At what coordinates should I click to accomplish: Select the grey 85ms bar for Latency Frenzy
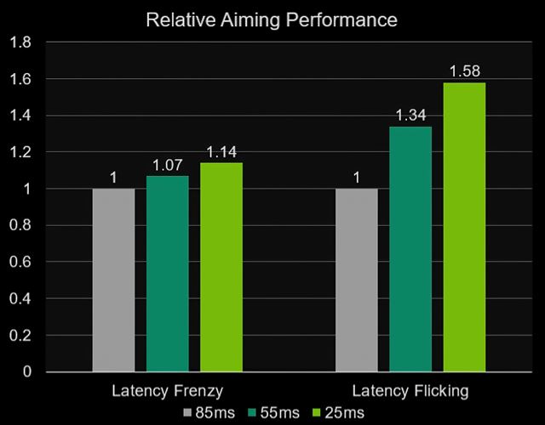pos(113,280)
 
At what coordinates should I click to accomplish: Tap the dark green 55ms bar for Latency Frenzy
pos(168,274)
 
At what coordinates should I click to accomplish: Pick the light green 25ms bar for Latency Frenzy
pos(221,267)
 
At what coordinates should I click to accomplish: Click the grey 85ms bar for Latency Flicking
pos(356,280)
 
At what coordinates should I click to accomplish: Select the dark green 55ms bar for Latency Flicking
pos(410,249)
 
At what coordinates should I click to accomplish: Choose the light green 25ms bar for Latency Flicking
pos(464,227)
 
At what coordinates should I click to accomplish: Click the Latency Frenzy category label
pos(167,393)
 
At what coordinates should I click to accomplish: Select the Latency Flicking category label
pos(410,393)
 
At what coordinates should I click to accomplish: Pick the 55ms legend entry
pos(273,413)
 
